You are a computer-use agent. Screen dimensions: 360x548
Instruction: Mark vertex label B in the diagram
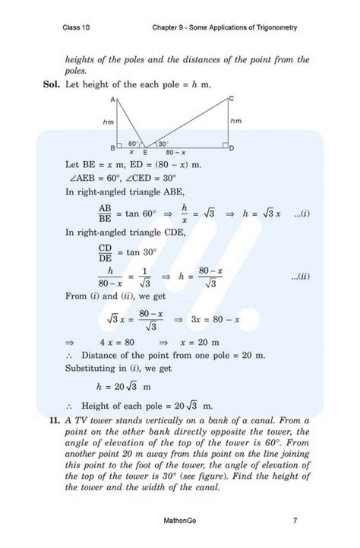[x=112, y=147]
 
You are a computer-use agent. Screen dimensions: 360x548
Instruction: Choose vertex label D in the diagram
[x=232, y=147]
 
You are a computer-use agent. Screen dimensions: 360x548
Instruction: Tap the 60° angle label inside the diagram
[x=134, y=143]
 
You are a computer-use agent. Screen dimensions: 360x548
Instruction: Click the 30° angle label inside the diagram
[x=163, y=143]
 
